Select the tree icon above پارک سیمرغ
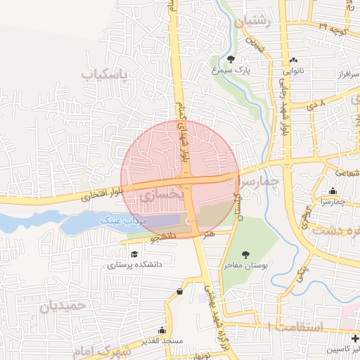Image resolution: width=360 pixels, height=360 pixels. pyautogui.click(x=231, y=59)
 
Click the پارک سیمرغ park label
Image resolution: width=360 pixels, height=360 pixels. pyautogui.click(x=231, y=70)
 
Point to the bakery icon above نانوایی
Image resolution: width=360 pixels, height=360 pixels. pyautogui.click(x=293, y=60)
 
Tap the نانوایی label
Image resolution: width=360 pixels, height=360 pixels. pyautogui.click(x=293, y=72)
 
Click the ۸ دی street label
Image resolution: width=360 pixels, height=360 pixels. pyautogui.click(x=316, y=104)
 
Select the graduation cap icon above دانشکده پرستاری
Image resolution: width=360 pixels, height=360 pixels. pyautogui.click(x=134, y=254)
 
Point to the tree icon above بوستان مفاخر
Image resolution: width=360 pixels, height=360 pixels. pyautogui.click(x=245, y=255)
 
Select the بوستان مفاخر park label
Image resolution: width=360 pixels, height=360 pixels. pyautogui.click(x=245, y=266)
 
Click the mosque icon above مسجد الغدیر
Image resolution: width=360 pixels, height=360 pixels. pyautogui.click(x=162, y=330)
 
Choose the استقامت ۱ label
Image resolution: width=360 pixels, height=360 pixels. pyautogui.click(x=295, y=326)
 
